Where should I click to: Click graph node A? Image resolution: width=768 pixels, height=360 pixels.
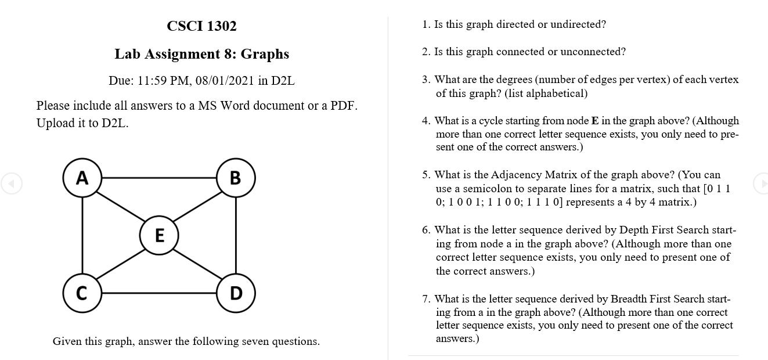pyautogui.click(x=82, y=177)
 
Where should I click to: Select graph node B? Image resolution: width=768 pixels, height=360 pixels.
pyautogui.click(x=235, y=177)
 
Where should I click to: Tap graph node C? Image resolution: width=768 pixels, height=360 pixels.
pyautogui.click(x=82, y=293)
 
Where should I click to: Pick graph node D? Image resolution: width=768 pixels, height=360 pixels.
pyautogui.click(x=235, y=293)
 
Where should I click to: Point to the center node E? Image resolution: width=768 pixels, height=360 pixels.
pyautogui.click(x=159, y=235)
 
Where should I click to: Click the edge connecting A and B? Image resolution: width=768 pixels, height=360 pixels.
pyautogui.click(x=158, y=177)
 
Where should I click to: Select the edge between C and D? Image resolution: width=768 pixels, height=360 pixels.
pyautogui.click(x=158, y=293)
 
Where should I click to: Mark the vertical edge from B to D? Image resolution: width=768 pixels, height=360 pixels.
pyautogui.click(x=235, y=235)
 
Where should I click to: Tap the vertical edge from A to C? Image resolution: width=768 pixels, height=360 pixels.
pyautogui.click(x=82, y=235)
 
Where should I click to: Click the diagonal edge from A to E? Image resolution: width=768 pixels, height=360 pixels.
pyautogui.click(x=121, y=206)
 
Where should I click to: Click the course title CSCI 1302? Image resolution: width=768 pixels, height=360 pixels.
pyautogui.click(x=201, y=26)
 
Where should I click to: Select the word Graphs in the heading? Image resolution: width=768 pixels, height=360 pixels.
pyautogui.click(x=265, y=54)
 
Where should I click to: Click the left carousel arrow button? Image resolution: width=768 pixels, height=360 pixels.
pyautogui.click(x=11, y=183)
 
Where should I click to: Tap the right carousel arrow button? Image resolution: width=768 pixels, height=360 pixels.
pyautogui.click(x=761, y=183)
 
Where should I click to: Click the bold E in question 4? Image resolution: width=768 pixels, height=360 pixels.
pyautogui.click(x=594, y=121)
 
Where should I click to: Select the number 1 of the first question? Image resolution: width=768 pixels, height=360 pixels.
pyautogui.click(x=426, y=24)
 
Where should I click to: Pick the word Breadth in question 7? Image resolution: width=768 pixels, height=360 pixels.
pyautogui.click(x=625, y=299)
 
